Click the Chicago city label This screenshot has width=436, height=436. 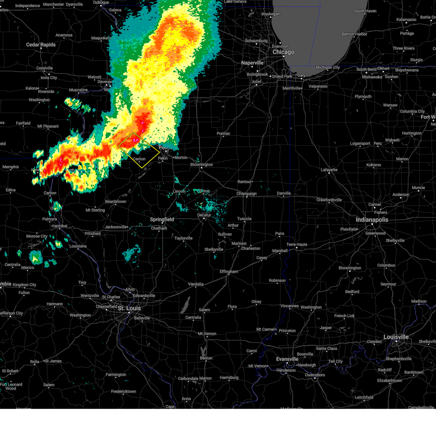[283, 52]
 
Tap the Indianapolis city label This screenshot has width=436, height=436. [372, 220]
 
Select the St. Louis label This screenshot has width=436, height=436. [129, 308]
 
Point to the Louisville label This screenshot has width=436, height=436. [396, 337]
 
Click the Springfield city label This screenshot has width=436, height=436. [162, 219]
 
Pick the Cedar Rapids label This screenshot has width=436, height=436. [41, 45]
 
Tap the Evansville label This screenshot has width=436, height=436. [287, 359]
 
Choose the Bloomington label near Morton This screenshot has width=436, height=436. [202, 165]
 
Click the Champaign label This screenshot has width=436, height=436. [246, 194]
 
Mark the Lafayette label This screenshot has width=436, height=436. [329, 170]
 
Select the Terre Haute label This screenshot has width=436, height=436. [297, 245]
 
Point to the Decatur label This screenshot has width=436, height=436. [204, 215]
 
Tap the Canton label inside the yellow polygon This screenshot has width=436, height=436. [139, 159]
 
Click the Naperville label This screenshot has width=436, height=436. [252, 63]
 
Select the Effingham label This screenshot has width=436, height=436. [229, 271]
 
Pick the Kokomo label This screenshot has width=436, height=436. [374, 165]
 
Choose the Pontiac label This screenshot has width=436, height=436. [223, 133]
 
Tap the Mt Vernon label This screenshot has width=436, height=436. [207, 334]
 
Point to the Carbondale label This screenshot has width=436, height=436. [188, 378]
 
